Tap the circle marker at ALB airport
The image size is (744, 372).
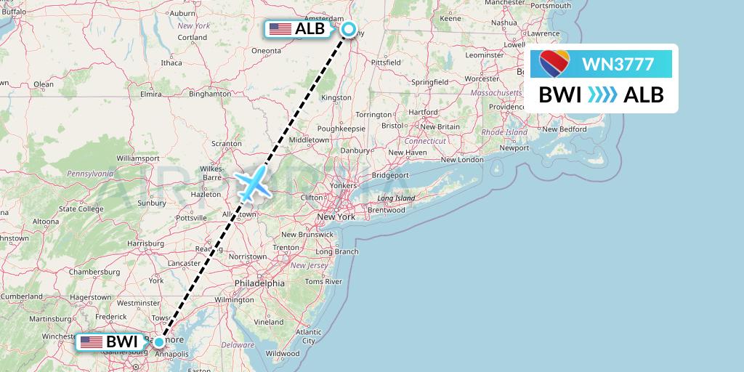pos(349,29)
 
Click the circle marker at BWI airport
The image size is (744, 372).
pos(159,341)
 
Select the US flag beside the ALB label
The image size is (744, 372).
pos(280,29)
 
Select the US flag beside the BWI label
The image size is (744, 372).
pos(92,341)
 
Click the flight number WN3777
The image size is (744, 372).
pos(619,65)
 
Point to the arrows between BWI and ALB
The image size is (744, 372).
pos(601,94)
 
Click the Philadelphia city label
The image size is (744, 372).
pos(259,283)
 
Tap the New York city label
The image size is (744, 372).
pos(336,217)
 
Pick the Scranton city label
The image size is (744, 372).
pos(226,144)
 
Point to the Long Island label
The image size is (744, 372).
pos(395,198)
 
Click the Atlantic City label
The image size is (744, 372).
pos(309,336)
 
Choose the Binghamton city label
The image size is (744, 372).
pos(209,94)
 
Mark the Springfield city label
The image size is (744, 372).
pos(429,83)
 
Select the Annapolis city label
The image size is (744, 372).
pos(171,354)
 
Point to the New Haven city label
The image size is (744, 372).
pos(407,153)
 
